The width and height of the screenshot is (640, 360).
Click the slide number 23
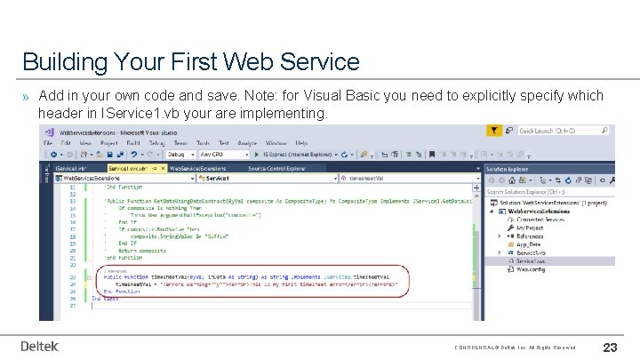(611, 347)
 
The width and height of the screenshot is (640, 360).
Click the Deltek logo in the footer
(40, 346)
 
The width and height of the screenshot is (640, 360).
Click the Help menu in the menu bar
(301, 142)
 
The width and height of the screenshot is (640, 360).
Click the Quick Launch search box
(560, 131)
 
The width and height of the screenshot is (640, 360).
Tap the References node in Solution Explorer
(536, 235)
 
